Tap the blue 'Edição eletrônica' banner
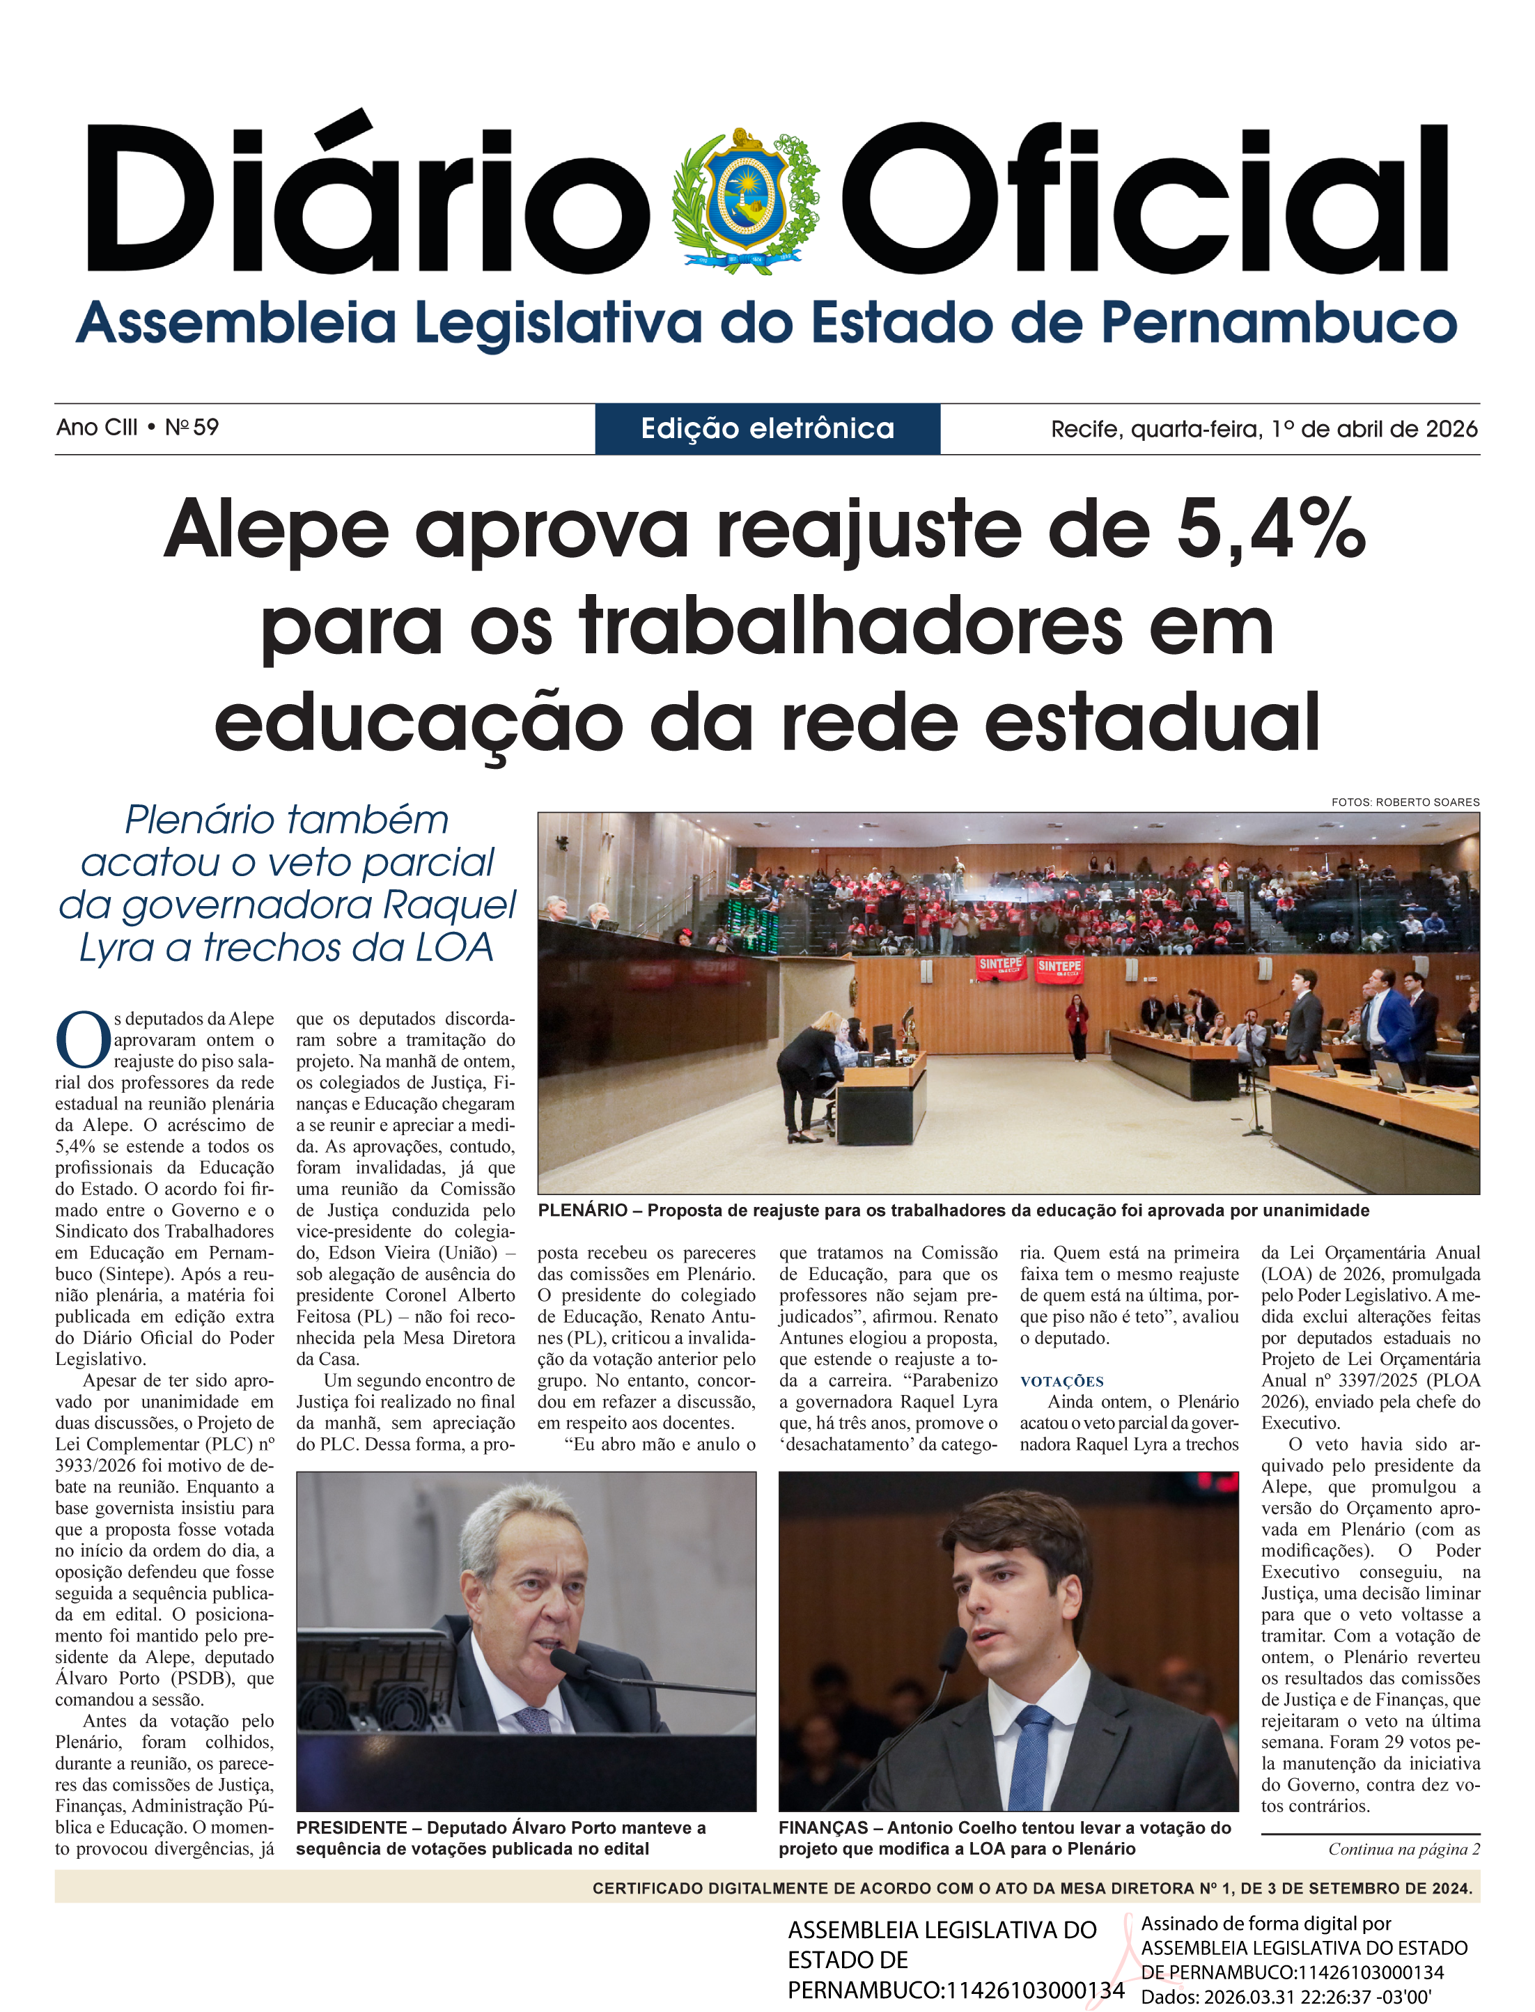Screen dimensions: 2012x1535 [767, 428]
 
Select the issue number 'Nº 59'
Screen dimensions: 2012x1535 [192, 428]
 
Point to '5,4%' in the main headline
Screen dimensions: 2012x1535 [1271, 530]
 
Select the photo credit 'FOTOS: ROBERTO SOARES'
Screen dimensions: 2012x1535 [1405, 802]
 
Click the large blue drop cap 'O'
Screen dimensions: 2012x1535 [82, 1040]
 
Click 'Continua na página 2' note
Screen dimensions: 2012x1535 [1403, 1849]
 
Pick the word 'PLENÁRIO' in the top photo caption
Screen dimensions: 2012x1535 [583, 1210]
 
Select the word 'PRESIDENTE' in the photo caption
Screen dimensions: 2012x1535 [352, 1827]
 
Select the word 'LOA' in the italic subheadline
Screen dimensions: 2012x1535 [454, 948]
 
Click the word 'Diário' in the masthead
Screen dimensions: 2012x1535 [366, 201]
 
